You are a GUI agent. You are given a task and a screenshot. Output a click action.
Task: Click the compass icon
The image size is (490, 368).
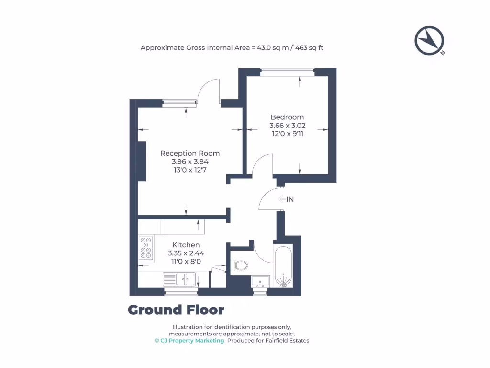point(430,41)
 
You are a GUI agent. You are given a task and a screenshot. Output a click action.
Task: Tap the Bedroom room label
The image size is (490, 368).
point(287,117)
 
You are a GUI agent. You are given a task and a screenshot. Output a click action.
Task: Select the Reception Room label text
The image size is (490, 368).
point(190,153)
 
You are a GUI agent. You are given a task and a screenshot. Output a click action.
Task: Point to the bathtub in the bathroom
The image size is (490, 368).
point(284,266)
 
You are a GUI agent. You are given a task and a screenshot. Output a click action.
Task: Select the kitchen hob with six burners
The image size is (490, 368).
point(146,249)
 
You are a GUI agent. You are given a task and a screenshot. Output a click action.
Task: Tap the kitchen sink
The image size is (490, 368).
point(179,279)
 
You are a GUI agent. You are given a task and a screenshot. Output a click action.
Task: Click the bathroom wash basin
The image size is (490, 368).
point(260,281)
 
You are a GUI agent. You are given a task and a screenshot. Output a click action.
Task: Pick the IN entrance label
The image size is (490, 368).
point(290,199)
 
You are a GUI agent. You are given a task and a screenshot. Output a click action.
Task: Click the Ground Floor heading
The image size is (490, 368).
point(176,310)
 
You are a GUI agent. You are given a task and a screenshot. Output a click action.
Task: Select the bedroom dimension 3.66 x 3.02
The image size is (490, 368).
point(287,126)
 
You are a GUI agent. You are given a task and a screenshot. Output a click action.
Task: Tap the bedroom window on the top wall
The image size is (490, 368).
point(287,72)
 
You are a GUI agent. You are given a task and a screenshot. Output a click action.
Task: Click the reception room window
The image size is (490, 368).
point(179,102)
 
